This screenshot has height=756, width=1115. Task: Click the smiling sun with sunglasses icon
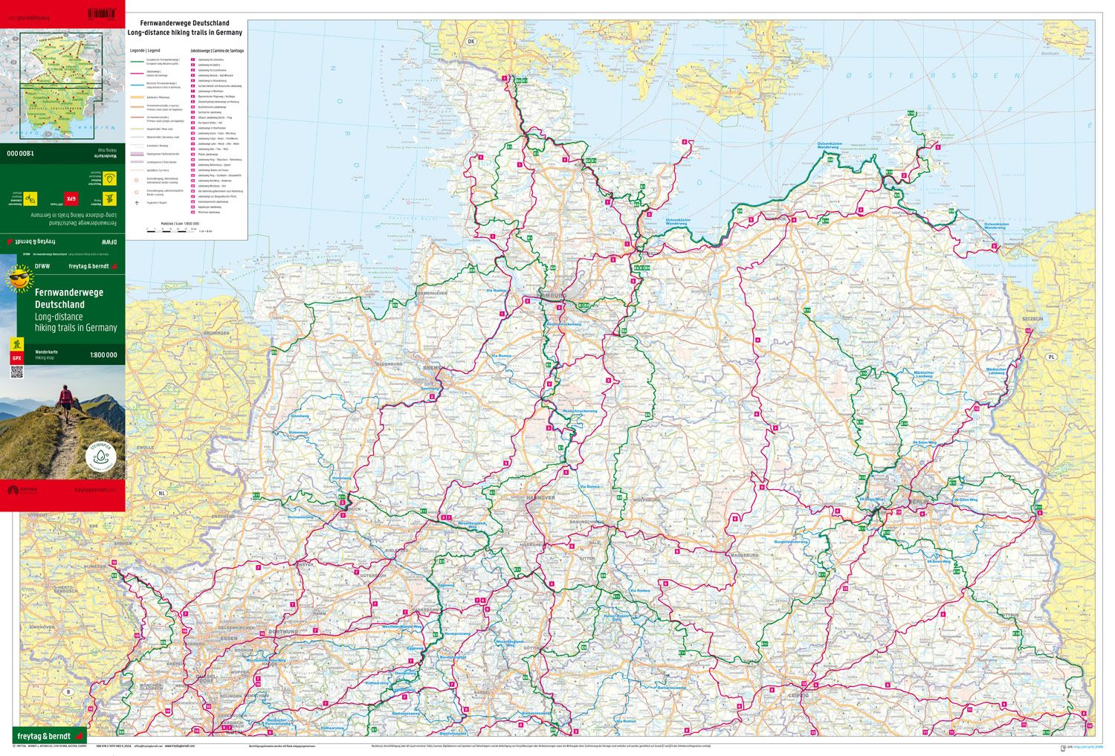coord(20,280)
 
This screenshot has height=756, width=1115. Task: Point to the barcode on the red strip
coord(102,13)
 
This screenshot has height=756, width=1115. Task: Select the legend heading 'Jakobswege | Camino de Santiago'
coord(216,50)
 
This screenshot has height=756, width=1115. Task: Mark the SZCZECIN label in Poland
coord(1032,318)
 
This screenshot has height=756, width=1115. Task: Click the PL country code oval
coord(1051,357)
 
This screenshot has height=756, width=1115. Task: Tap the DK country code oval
coord(470,42)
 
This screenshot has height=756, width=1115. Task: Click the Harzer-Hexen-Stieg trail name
coord(616,616)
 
